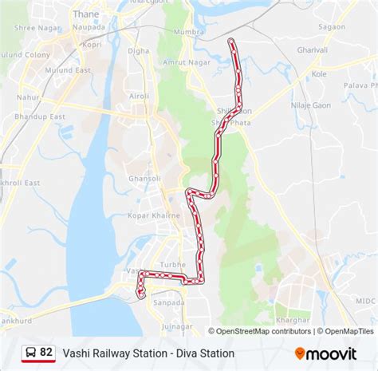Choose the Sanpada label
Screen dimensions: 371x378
168,302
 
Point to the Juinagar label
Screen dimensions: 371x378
176,326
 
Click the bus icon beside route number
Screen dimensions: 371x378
29,352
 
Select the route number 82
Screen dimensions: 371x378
46,352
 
